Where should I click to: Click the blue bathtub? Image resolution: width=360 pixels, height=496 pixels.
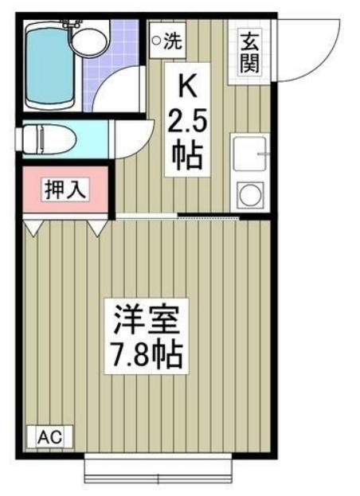(x=50, y=66)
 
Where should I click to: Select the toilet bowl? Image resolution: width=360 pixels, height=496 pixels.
(x=48, y=139)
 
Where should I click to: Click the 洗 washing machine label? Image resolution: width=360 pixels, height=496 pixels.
(x=174, y=41)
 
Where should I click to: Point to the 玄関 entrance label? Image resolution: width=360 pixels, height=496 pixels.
(x=249, y=53)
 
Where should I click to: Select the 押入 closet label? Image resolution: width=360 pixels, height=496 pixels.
(x=65, y=190)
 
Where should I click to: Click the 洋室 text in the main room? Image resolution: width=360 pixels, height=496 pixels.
(x=147, y=320)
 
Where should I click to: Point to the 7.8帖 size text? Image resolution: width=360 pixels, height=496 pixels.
(x=147, y=356)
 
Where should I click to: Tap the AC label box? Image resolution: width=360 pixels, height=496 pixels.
(x=50, y=437)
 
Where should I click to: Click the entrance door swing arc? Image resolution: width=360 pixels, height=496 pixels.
(x=326, y=60)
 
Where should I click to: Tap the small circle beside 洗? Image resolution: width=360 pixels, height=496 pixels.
(x=156, y=40)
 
